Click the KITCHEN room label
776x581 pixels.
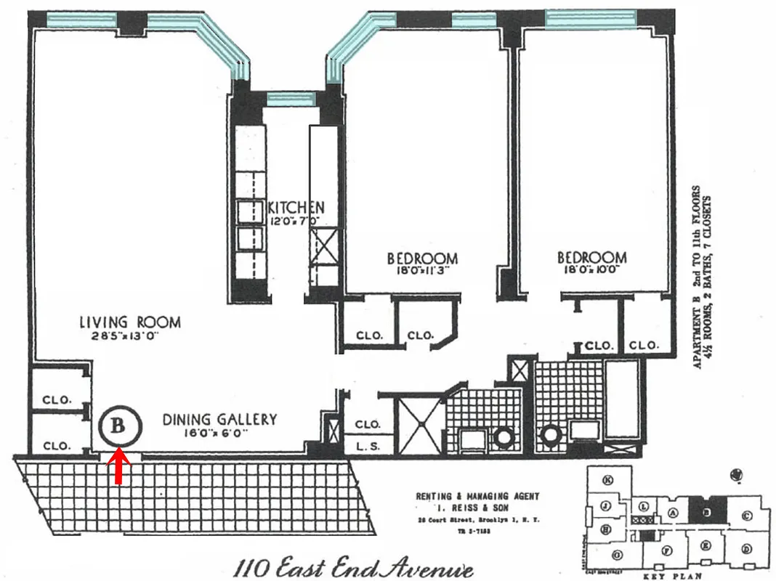tap(296, 207)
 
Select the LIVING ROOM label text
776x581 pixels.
tap(130, 322)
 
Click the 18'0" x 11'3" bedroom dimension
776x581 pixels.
tap(421, 271)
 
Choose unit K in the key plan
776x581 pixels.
tap(609, 479)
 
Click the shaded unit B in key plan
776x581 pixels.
tap(705, 513)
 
